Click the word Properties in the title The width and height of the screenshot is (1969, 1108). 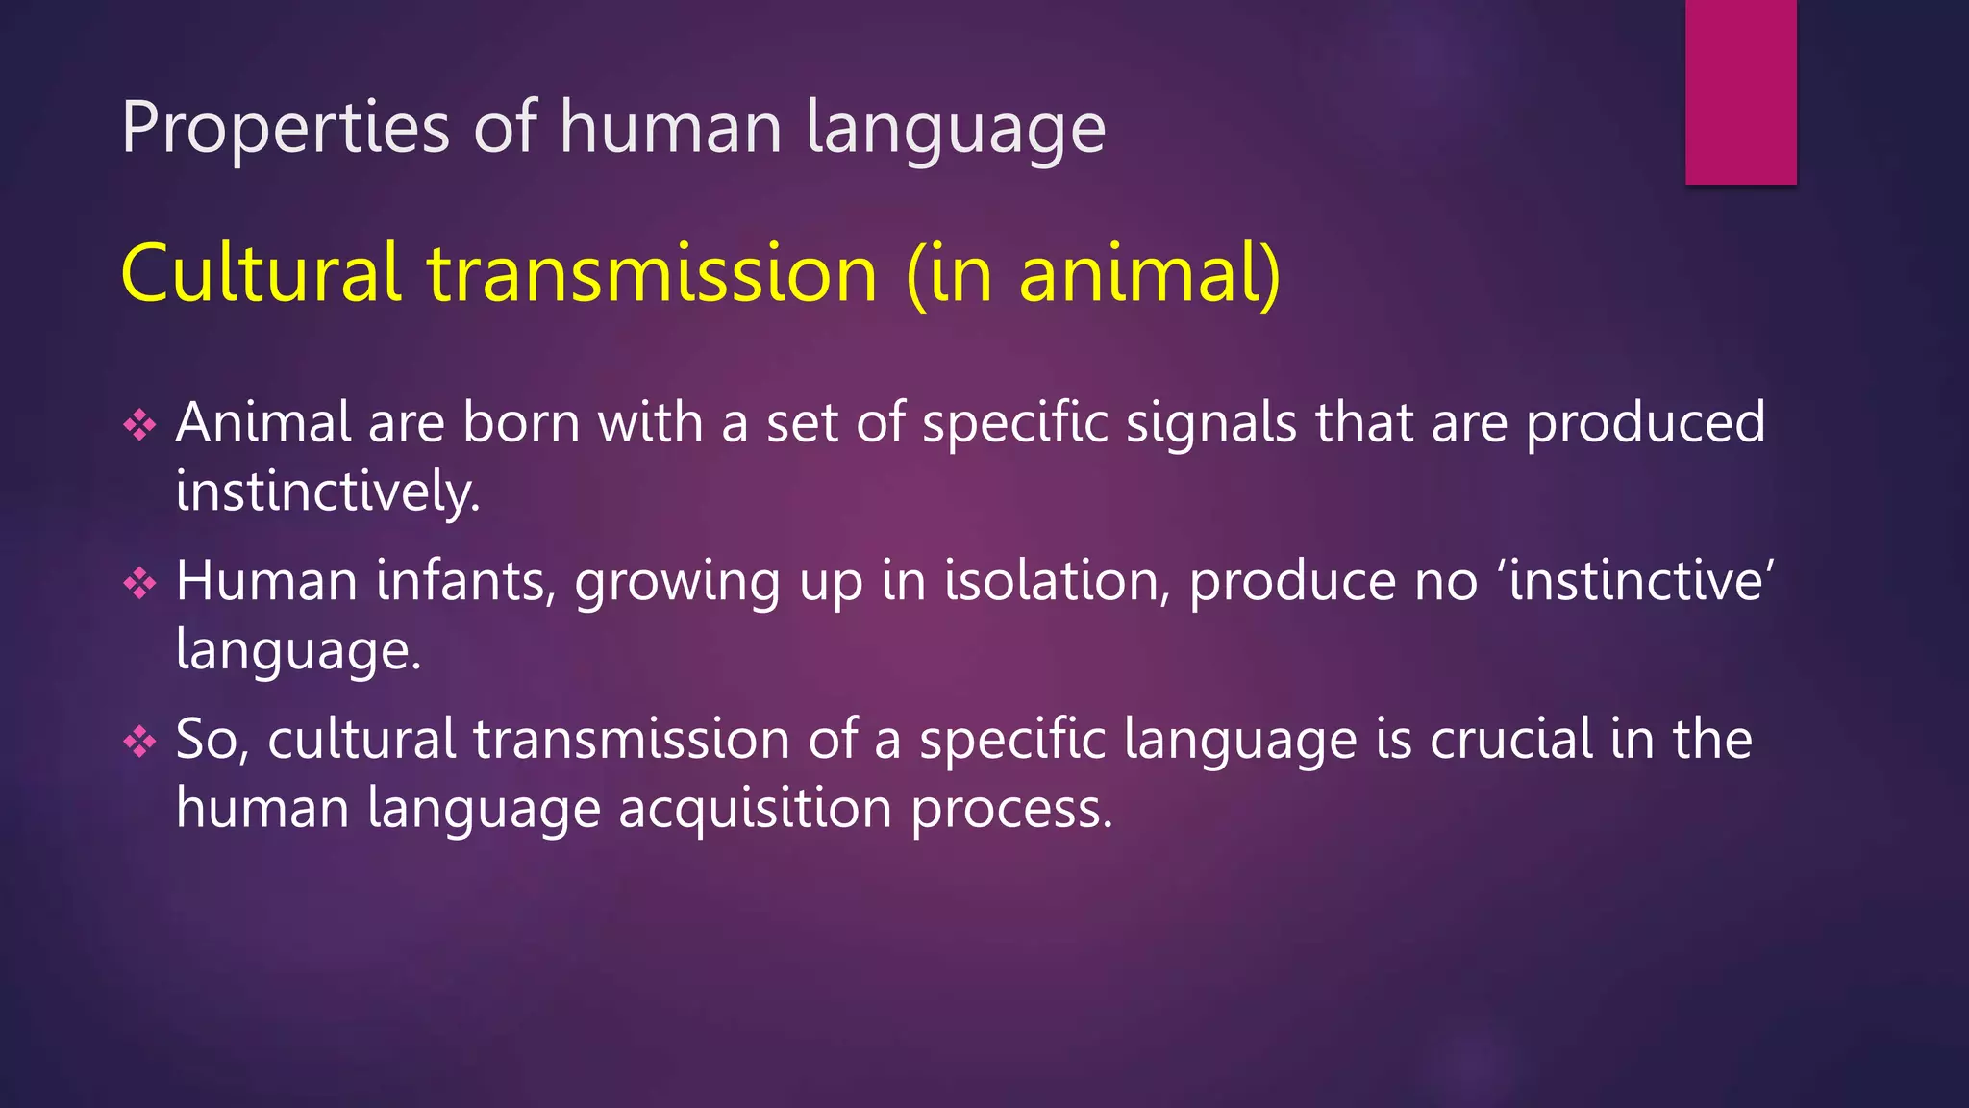click(x=286, y=128)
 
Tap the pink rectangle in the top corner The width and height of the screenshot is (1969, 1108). click(x=1740, y=91)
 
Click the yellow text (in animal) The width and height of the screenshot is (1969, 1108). click(x=1093, y=274)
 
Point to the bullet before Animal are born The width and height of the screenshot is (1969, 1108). click(x=140, y=424)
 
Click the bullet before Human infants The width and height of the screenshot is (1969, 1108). click(x=140, y=583)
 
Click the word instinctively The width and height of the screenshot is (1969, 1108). click(x=328, y=491)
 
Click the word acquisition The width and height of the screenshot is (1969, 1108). click(x=756, y=809)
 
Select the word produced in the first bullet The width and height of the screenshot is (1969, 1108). click(x=1645, y=423)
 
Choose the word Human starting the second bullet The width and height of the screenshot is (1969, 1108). click(x=267, y=581)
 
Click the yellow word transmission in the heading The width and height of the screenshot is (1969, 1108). click(x=653, y=274)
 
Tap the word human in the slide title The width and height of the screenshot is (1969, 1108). click(x=671, y=128)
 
